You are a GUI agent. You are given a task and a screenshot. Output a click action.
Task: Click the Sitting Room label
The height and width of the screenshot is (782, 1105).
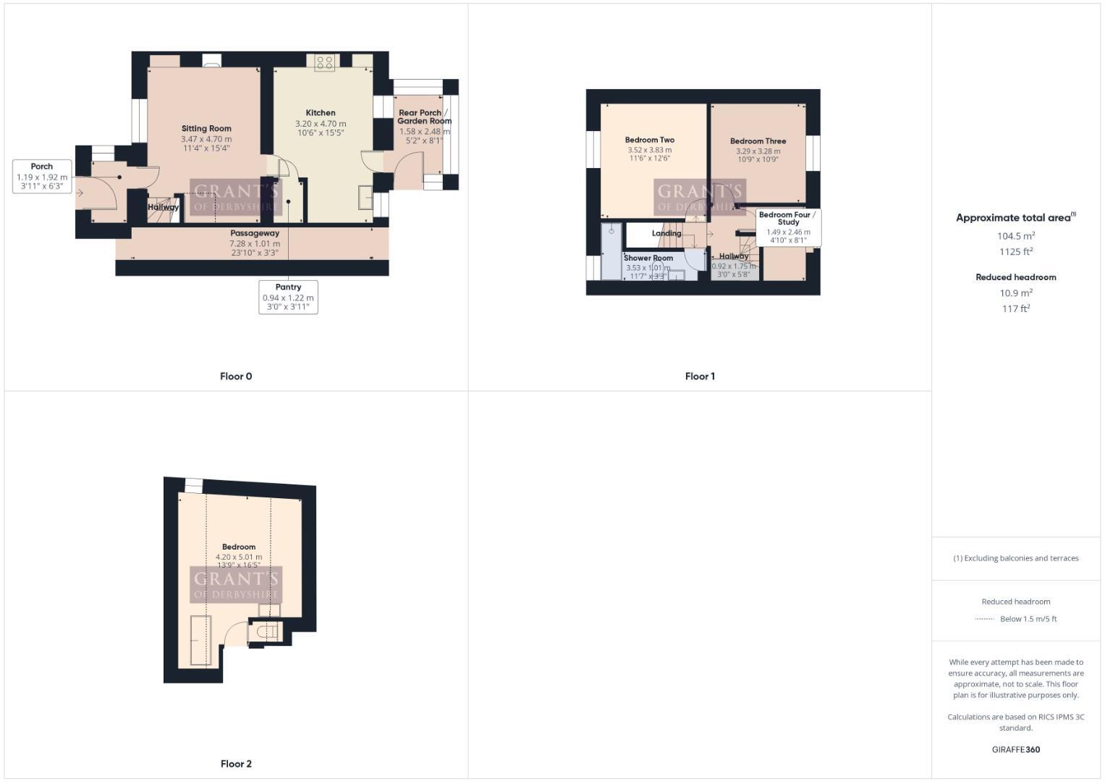pos(206,129)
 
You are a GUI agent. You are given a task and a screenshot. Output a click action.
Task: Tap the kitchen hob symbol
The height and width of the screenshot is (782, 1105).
pos(325,63)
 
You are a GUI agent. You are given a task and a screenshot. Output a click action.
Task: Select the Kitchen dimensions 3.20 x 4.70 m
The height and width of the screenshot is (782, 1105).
pos(321,124)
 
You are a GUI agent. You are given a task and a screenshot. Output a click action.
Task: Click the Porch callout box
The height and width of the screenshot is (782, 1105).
pos(42,176)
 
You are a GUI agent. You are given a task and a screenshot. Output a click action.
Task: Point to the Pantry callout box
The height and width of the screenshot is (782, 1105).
pos(288,297)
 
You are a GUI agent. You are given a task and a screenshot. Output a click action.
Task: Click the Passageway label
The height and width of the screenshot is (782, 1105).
pos(255,233)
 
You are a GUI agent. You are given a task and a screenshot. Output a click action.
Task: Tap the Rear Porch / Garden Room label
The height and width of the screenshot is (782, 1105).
pos(424,117)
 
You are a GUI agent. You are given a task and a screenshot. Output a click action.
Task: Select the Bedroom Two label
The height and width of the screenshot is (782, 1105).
pos(649,140)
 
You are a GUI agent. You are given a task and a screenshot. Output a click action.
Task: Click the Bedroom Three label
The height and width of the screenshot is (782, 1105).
pos(758,141)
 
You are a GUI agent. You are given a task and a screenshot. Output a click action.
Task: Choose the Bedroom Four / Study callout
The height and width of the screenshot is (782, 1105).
pos(788,227)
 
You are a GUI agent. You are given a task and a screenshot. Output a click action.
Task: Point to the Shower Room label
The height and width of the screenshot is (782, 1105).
pos(648,258)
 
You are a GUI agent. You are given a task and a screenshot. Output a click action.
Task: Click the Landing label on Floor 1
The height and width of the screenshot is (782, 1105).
pos(666,233)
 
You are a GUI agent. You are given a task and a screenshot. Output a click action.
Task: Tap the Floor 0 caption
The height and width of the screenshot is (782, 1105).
pos(236,377)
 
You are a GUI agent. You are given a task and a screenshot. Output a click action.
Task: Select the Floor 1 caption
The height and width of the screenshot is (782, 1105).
pos(700,377)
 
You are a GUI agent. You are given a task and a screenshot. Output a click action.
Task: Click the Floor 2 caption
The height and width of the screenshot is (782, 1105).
pos(236,764)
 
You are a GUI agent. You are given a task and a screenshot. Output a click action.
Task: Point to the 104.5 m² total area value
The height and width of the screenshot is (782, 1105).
pos(1016,236)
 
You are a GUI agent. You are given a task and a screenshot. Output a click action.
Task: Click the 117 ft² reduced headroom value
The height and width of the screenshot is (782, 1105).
pos(1016,308)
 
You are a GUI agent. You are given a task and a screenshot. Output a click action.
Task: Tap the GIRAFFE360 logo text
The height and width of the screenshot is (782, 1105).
pos(1016,749)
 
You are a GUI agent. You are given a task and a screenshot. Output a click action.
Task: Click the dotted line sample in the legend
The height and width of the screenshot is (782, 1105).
pos(984,619)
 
